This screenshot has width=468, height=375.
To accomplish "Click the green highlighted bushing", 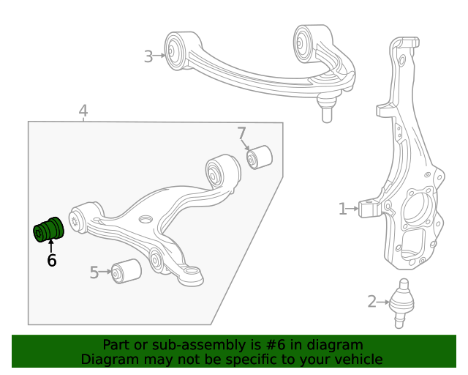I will [50, 230].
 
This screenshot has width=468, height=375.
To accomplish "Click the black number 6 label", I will [51, 260].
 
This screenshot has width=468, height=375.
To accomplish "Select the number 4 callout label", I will [83, 111].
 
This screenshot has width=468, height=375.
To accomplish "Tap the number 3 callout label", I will [148, 56].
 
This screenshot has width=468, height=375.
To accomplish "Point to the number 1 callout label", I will [342, 209].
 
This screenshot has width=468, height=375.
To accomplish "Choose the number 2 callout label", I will [371, 301].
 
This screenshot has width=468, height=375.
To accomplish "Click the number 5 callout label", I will [94, 273].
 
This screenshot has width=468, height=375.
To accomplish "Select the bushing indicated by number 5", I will [126, 271].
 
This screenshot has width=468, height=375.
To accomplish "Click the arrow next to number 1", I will [354, 209].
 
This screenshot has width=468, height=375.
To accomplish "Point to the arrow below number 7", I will [246, 146].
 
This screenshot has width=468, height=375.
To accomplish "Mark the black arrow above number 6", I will [51, 245].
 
